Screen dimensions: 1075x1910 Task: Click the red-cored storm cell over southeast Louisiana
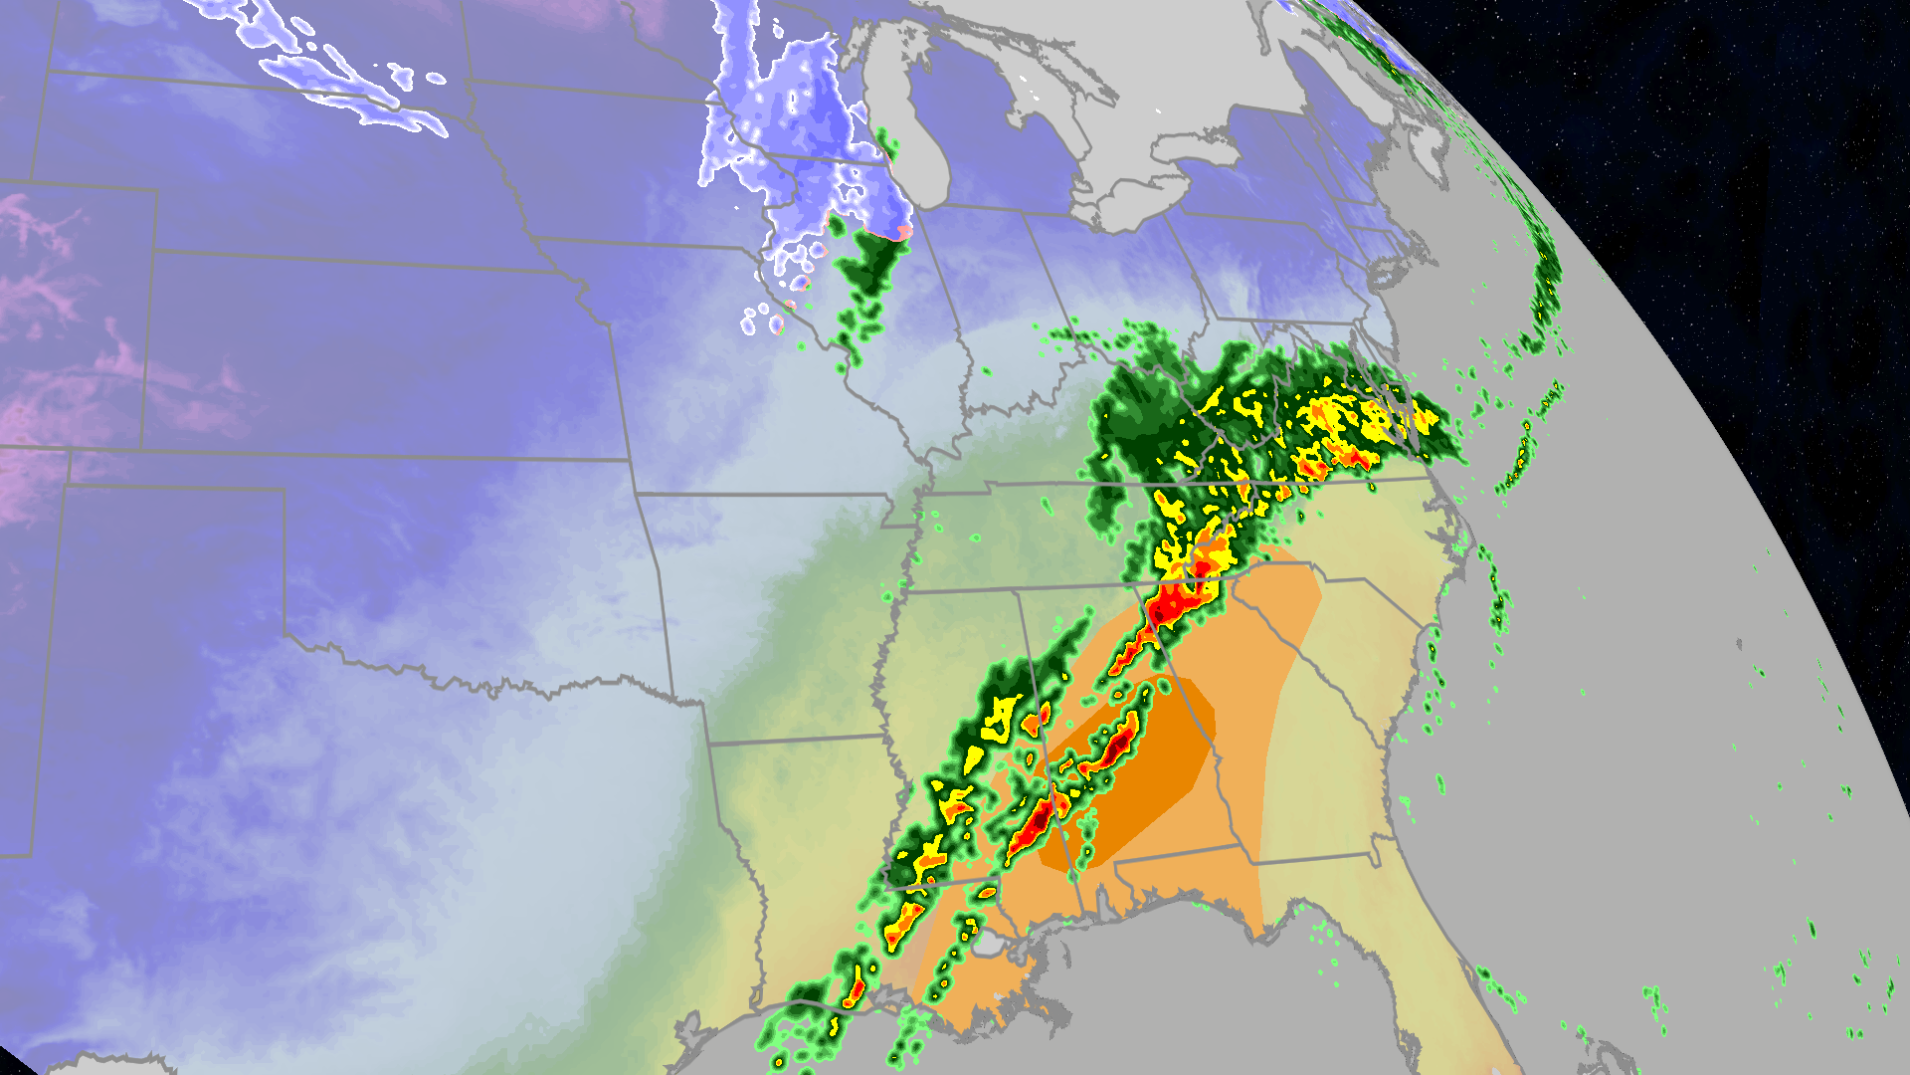click(856, 991)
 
